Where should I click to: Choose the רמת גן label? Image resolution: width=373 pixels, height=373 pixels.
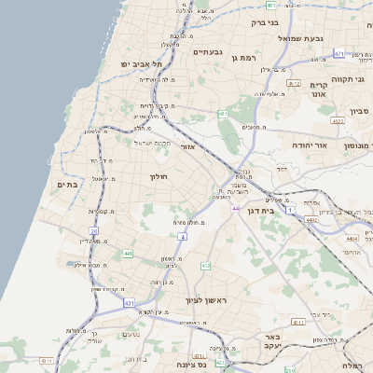point(244,58)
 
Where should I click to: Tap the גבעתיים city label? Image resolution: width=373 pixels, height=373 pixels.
point(207,52)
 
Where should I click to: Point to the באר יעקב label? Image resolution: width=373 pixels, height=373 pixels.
point(272,341)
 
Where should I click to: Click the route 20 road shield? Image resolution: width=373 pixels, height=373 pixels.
point(93,230)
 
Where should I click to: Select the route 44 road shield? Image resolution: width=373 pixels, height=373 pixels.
point(236,209)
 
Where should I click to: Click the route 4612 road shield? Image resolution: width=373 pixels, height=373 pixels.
point(293,84)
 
